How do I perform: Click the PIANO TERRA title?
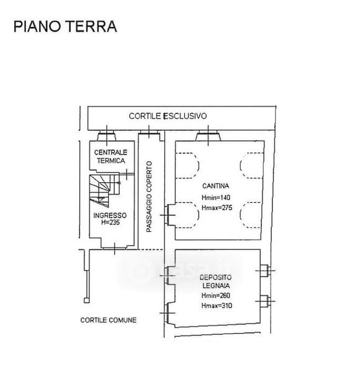65,26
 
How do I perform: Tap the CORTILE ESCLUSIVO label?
168,116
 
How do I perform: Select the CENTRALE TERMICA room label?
110,156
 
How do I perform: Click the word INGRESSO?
110,215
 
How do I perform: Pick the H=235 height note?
110,223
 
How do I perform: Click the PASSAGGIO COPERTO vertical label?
149,197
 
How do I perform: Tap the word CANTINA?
215,186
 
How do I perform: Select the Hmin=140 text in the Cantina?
216,197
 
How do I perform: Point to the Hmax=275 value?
217,208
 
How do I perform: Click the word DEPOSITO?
215,277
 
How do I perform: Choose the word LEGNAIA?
216,286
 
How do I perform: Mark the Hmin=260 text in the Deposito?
215,295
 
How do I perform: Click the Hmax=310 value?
217,306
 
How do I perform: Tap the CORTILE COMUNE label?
109,320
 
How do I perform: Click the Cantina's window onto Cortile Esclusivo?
209,136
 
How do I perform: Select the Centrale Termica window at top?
107,136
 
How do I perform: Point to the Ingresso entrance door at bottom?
115,249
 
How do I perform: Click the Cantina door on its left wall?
168,215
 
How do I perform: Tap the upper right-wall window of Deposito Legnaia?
265,270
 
